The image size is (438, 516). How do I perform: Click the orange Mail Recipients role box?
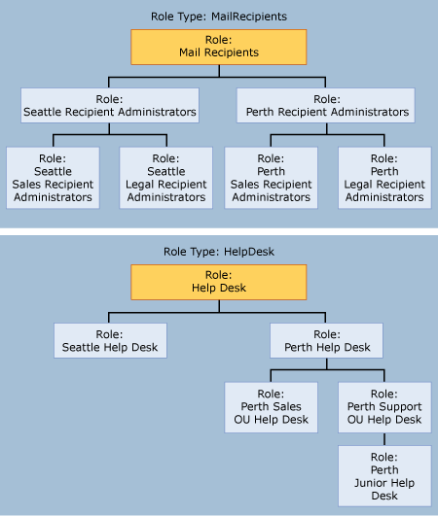[x=218, y=46]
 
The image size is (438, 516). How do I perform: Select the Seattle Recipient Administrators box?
[x=110, y=105]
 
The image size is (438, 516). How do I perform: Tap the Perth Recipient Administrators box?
[x=325, y=105]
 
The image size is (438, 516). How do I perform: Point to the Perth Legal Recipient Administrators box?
[x=383, y=176]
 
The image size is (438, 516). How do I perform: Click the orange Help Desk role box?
[x=218, y=281]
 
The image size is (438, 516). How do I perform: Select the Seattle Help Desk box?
[x=110, y=341]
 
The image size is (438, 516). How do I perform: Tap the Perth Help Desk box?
[x=325, y=341]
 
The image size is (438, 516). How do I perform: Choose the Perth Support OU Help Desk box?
[x=383, y=405]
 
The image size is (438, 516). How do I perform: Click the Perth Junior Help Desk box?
[x=383, y=474]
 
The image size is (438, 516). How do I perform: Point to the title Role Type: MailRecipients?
[x=218, y=16]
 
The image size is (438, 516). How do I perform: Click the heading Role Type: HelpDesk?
[x=218, y=251]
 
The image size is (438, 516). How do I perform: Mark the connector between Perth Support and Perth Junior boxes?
[x=383, y=437]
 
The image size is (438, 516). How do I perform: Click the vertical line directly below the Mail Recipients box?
[x=218, y=69]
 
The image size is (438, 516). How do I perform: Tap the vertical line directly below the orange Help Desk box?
[x=218, y=305]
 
